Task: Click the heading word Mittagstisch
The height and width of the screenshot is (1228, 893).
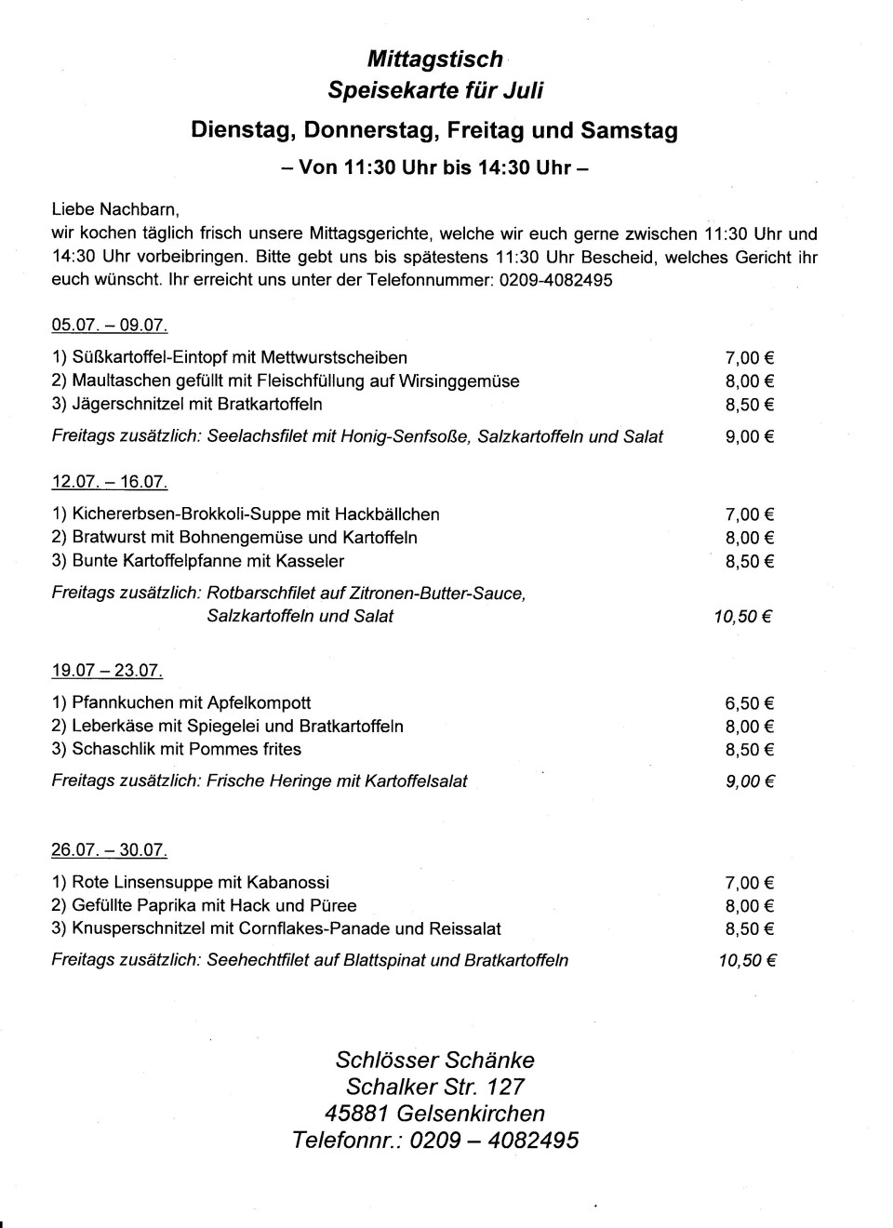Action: click(x=434, y=60)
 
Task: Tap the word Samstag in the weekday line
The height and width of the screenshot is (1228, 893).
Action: click(x=629, y=130)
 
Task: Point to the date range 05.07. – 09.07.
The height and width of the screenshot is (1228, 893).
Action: click(x=109, y=326)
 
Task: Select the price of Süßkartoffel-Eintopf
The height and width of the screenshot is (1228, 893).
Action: click(x=749, y=358)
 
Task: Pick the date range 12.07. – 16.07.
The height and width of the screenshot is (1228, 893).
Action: click(x=109, y=482)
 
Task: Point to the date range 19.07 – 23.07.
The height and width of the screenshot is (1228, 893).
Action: click(x=107, y=671)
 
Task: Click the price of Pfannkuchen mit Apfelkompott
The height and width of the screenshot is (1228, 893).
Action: click(x=749, y=703)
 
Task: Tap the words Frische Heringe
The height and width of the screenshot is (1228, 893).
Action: click(x=269, y=781)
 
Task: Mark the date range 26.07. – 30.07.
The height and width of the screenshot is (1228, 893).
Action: click(x=109, y=850)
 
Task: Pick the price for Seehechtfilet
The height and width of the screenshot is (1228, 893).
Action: click(x=747, y=961)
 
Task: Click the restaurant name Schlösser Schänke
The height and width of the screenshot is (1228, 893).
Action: click(x=434, y=1061)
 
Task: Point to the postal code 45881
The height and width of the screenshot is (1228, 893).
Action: click(x=355, y=1114)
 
